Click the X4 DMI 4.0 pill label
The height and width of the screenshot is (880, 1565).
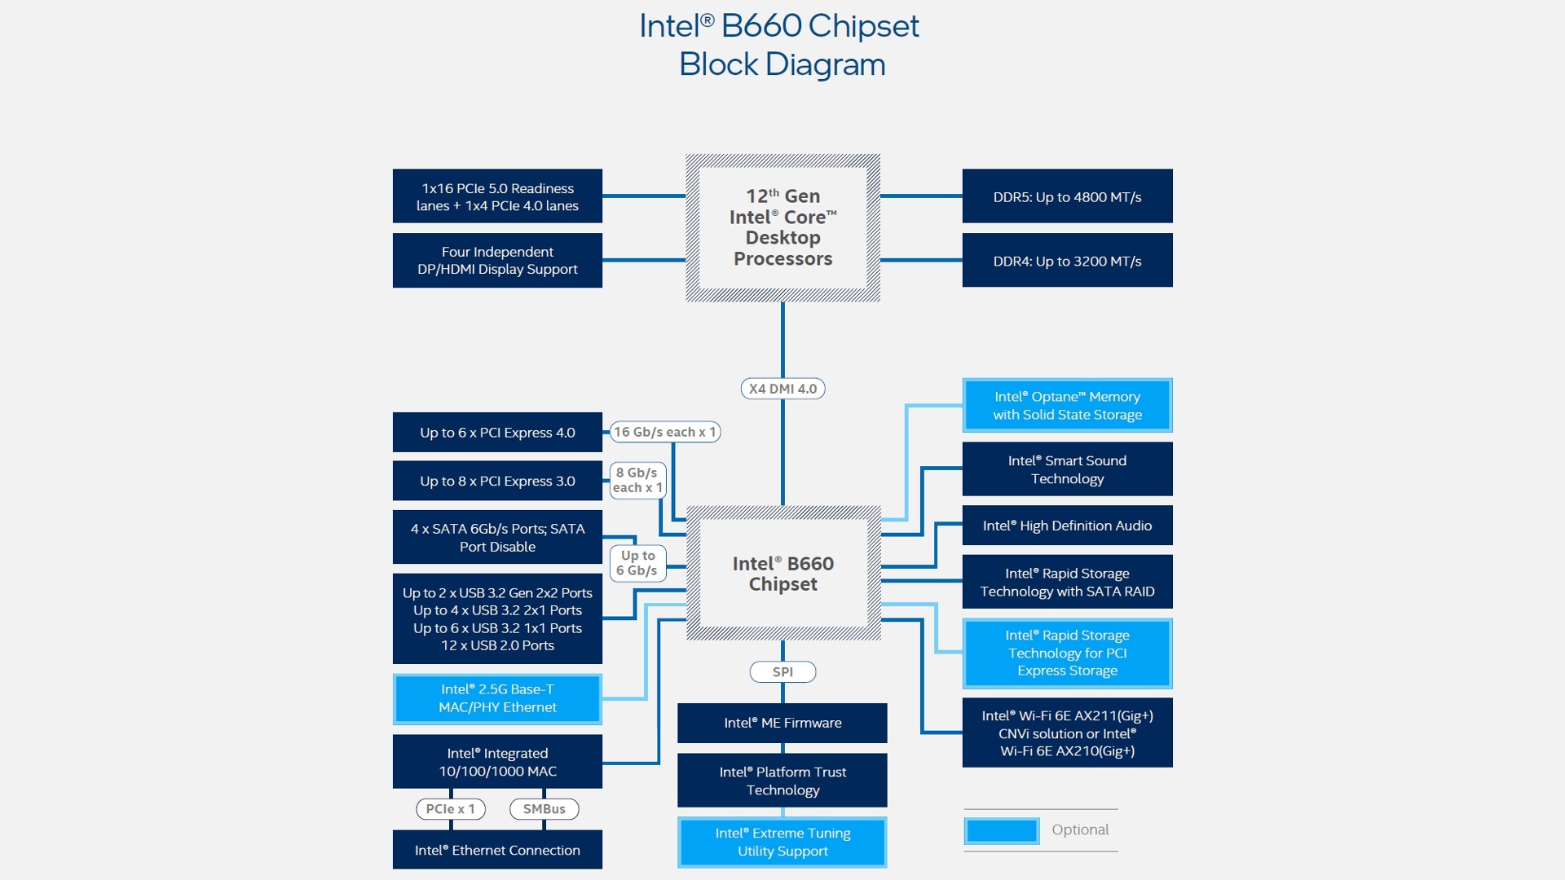click(782, 389)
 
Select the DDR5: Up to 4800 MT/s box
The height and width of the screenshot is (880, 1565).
click(1067, 196)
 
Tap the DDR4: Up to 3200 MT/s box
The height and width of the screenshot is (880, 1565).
click(1067, 261)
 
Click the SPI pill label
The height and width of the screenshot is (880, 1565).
click(782, 672)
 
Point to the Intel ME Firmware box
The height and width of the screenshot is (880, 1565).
click(782, 723)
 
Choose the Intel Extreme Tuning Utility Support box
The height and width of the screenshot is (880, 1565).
click(782, 842)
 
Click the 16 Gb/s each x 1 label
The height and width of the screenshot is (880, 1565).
click(665, 432)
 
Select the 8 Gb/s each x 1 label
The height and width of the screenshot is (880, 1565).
click(637, 480)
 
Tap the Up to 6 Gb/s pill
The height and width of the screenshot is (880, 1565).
click(637, 563)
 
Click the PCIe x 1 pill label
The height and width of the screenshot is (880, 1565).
click(451, 809)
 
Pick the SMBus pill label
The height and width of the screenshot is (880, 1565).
click(544, 809)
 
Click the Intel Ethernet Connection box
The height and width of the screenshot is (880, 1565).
click(497, 850)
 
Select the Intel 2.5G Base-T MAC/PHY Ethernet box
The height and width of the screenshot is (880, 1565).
click(497, 698)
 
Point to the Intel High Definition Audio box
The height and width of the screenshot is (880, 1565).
click(1067, 526)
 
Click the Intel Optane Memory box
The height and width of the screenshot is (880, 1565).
click(1067, 405)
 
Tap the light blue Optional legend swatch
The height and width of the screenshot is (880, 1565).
click(1002, 830)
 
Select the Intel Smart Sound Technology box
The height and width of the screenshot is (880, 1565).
click(1067, 469)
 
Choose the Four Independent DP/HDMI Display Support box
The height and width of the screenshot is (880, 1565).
click(497, 261)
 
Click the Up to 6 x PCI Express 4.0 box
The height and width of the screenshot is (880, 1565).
click(497, 433)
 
